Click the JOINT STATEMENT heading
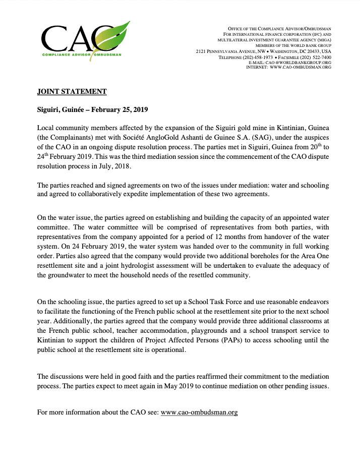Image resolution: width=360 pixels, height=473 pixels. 72,91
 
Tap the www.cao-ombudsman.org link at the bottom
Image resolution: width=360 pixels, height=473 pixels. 199,412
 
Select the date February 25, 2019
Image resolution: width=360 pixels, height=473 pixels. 117,109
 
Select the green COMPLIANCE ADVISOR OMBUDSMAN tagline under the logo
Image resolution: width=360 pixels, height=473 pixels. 81,54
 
